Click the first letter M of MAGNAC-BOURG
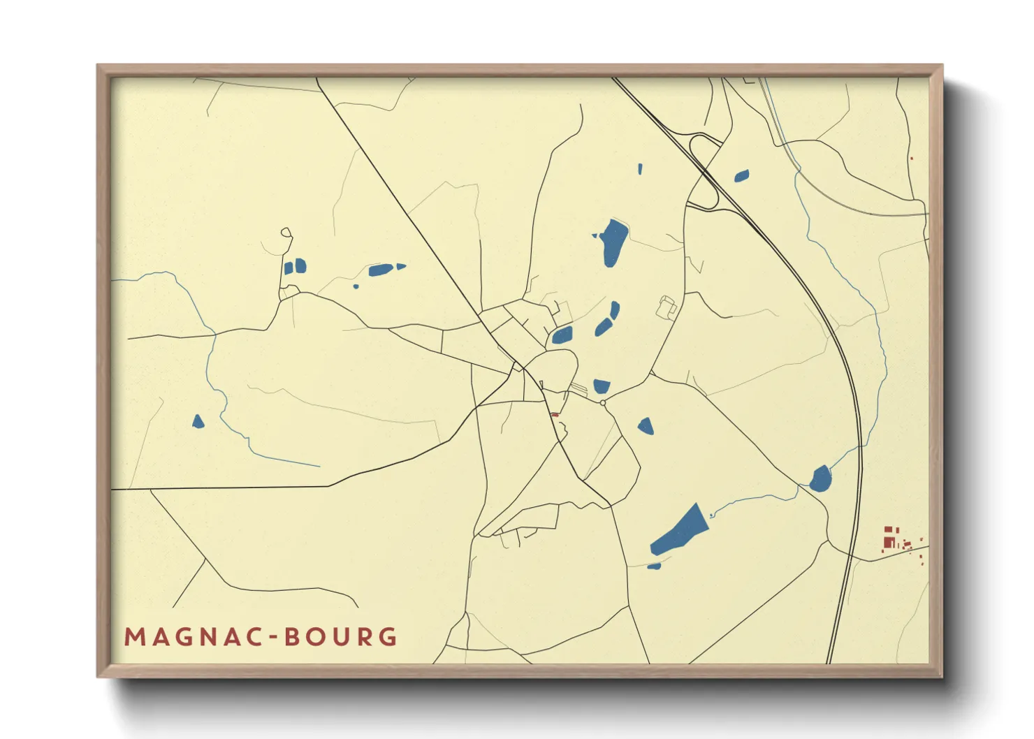pos(133,637)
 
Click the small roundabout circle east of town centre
pos(603,403)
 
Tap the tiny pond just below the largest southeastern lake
pos(654,566)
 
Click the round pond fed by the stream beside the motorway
pos(821,479)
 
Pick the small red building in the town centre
pos(555,415)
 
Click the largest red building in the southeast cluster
pos(889,542)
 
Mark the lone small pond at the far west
pos(198,421)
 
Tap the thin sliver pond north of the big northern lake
pos(640,168)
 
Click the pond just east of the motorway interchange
pos(741,176)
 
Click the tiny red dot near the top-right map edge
pos(912,159)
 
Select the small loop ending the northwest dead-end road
pos(285,232)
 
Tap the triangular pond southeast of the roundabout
pos(646,426)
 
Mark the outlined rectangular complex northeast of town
pos(668,307)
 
